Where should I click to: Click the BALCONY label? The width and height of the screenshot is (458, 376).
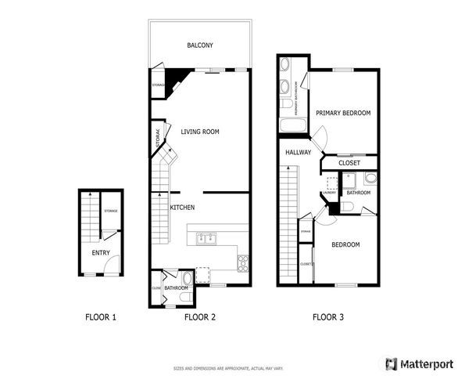[x=200, y=45]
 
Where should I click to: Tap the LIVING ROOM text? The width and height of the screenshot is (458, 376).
[x=199, y=132]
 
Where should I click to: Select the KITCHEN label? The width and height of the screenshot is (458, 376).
[x=182, y=208]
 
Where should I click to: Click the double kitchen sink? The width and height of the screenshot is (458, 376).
[x=207, y=238]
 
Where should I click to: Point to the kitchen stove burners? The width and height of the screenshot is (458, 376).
[x=242, y=262]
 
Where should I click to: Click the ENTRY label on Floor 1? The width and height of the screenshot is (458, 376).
[x=100, y=252]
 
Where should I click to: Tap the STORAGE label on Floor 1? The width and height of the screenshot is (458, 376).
[x=111, y=211]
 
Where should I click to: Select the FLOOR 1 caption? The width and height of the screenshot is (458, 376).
[x=100, y=317]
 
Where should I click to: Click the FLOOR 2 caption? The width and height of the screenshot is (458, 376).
[x=199, y=317]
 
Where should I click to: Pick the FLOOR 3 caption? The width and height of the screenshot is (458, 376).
[x=327, y=317]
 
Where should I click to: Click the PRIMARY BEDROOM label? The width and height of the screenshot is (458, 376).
[x=342, y=113]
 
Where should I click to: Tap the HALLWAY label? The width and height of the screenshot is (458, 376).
[x=298, y=153]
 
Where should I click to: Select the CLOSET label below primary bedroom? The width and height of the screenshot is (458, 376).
[x=349, y=164]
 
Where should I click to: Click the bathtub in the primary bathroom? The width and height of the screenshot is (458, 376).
[x=287, y=125]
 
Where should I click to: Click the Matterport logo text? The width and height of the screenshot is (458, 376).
[x=426, y=363]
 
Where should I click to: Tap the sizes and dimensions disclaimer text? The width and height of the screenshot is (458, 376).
[x=228, y=367]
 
